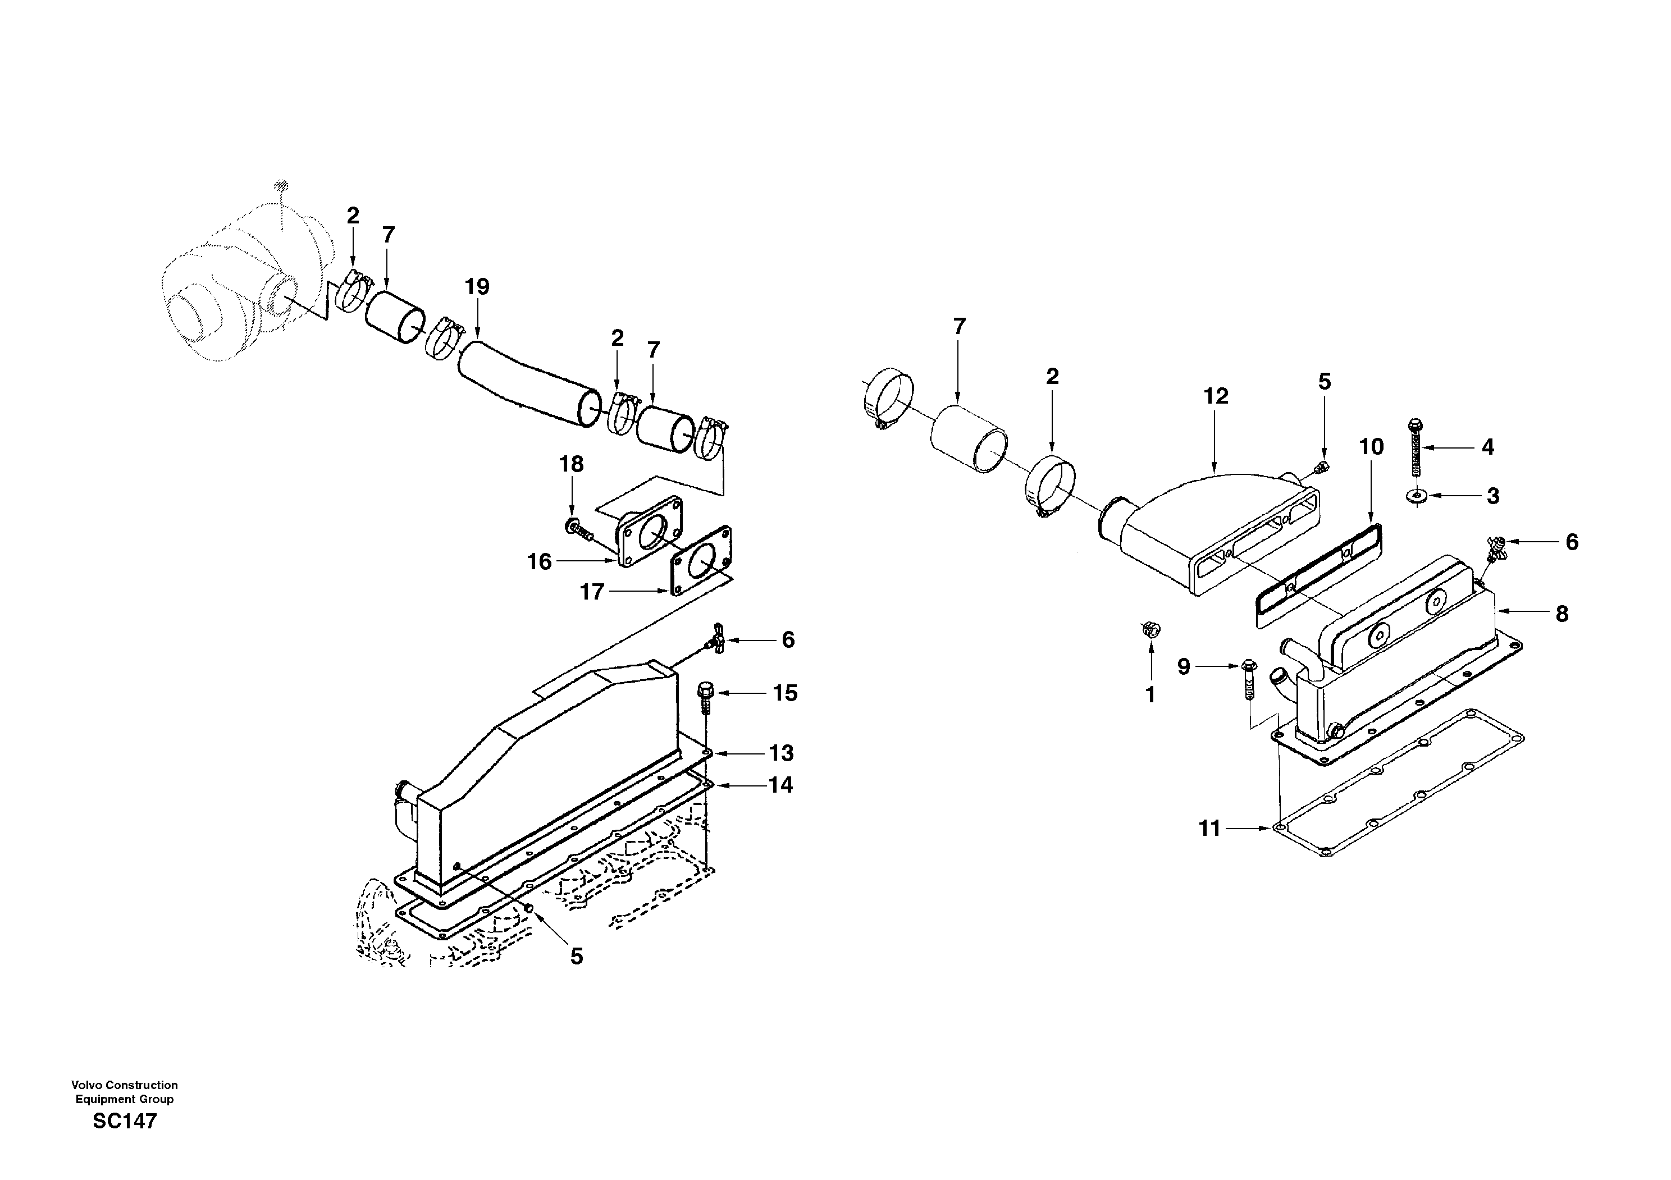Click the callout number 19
click(x=477, y=287)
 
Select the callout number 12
click(x=1216, y=396)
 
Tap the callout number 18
click(x=571, y=464)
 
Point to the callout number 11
click(x=1209, y=829)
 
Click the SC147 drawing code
click(x=125, y=1121)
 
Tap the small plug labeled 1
click(x=1150, y=629)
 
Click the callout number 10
click(x=1371, y=447)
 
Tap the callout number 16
click(x=539, y=561)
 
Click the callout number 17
click(x=592, y=592)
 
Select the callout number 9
click(x=1184, y=666)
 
